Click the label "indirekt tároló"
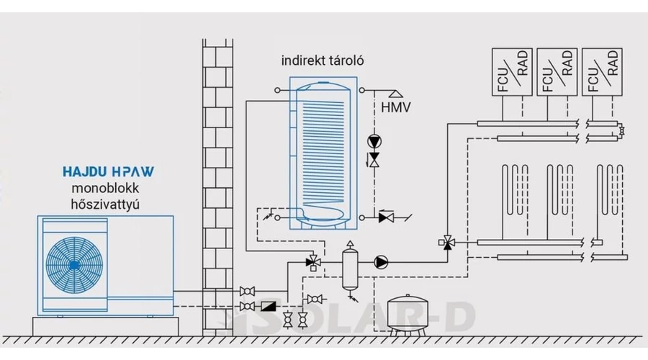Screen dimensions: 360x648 coord(323,61)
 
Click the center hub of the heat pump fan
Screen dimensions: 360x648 coord(75,264)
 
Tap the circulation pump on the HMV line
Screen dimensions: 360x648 coord(374,141)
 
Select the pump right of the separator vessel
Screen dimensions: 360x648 coord(381,263)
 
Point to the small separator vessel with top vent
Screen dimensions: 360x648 coord(350,266)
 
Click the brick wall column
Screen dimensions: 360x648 coord(217,180)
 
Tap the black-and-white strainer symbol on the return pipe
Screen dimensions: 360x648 coord(268,306)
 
